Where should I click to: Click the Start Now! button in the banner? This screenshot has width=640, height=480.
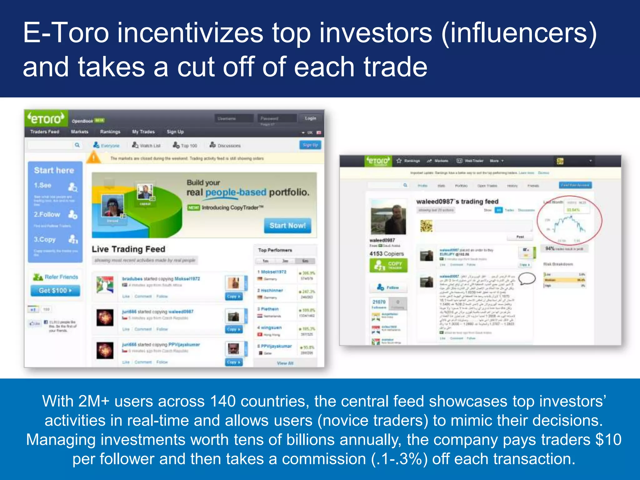click(287, 226)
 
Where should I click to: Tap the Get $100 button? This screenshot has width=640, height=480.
click(55, 291)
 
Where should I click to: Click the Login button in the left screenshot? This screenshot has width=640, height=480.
click(310, 118)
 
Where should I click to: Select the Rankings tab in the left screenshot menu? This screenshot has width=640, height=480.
click(110, 132)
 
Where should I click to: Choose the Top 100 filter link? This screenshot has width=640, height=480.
click(185, 146)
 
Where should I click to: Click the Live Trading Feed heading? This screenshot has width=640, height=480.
click(128, 249)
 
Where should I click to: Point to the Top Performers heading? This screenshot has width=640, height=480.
click(275, 250)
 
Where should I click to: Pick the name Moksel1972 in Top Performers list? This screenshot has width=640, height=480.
click(273, 272)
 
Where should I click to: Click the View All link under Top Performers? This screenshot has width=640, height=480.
click(285, 363)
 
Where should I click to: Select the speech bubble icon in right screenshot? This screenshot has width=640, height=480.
click(527, 278)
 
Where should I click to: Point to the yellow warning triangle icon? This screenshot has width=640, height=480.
click(93, 157)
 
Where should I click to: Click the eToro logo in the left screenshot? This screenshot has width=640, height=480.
click(46, 119)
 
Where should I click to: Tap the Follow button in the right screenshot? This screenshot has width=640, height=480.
click(388, 287)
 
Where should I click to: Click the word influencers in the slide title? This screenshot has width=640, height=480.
click(519, 33)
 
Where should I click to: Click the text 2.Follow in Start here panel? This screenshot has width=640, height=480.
click(47, 215)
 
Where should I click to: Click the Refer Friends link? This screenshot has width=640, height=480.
click(61, 277)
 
